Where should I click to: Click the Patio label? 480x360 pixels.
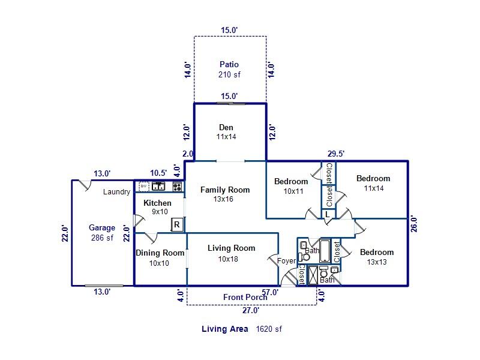coord(229,70)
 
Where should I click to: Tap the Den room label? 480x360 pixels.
coord(226,132)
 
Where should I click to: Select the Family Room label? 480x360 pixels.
coord(225,194)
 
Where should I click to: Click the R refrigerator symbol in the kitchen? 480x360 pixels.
coord(176,224)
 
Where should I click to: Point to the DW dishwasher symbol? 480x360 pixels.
coord(144,186)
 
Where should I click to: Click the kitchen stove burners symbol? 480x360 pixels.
coord(177,187)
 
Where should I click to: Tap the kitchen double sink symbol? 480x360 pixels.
coord(158,186)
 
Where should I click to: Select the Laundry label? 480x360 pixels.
coord(116,192)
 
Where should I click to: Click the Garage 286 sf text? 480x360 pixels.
coord(102,233)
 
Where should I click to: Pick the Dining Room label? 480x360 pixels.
coord(160,258)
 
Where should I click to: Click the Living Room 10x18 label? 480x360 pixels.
coord(231,253)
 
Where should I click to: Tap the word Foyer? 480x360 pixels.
coord(287,261)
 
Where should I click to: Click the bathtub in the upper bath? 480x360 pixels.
coord(325,251)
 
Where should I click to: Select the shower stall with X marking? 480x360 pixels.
coord(313,275)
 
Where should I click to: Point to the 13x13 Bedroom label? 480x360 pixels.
coord(377,257)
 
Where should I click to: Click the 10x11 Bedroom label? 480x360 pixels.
coord(291,186)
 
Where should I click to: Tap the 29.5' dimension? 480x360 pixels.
coord(336,154)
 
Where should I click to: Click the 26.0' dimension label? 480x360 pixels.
coord(413,224)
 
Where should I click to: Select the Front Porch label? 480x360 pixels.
coord(245,297)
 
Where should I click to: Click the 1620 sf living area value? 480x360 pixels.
coord(269,329)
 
